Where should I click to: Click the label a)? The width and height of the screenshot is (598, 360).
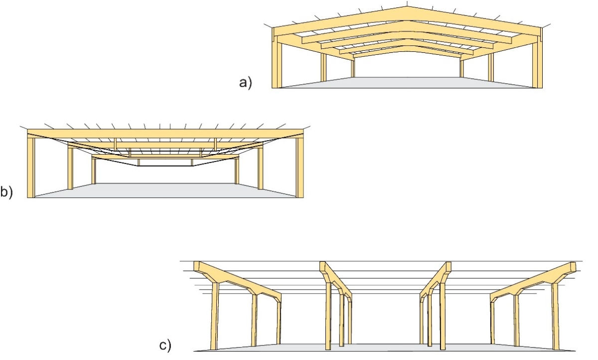point(246,83)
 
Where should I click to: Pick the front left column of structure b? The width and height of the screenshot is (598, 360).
point(31,167)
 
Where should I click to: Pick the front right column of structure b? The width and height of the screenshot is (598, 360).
point(299,167)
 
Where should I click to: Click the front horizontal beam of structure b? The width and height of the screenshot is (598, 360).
point(164,133)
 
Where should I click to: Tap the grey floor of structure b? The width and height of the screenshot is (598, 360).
point(164,190)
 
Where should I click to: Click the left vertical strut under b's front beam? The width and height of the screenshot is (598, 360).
point(115,144)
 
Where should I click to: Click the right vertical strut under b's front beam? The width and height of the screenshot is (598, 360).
point(215,144)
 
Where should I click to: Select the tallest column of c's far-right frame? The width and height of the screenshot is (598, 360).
point(555,317)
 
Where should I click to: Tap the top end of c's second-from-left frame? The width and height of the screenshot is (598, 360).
point(322,265)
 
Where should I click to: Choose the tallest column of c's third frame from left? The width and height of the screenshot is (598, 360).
point(443,317)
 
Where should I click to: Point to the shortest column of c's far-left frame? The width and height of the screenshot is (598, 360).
point(279,324)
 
